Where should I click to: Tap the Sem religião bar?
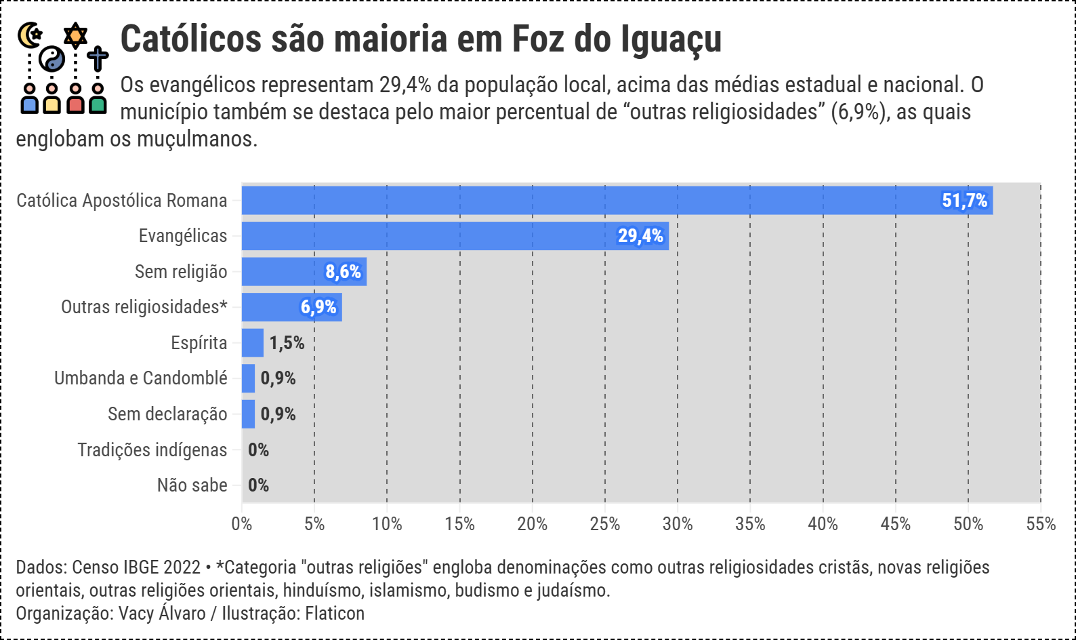tap(285, 272)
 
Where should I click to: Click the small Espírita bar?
tap(253, 343)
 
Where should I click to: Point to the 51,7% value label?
tap(964, 201)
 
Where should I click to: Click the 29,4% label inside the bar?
tap(640, 236)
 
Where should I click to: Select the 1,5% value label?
tap(287, 343)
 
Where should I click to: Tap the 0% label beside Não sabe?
tap(258, 485)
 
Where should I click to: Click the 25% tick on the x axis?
tap(605, 524)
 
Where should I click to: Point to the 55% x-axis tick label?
tap(1041, 524)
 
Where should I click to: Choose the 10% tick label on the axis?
tap(387, 524)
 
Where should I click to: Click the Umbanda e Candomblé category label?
tap(141, 378)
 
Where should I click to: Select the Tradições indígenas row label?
tap(152, 450)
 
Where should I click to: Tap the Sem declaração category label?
tap(167, 414)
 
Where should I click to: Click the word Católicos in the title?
tap(190, 39)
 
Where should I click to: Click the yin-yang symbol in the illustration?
tap(51, 59)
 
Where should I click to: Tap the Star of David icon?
tap(75, 34)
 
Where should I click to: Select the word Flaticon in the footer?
tap(335, 614)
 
